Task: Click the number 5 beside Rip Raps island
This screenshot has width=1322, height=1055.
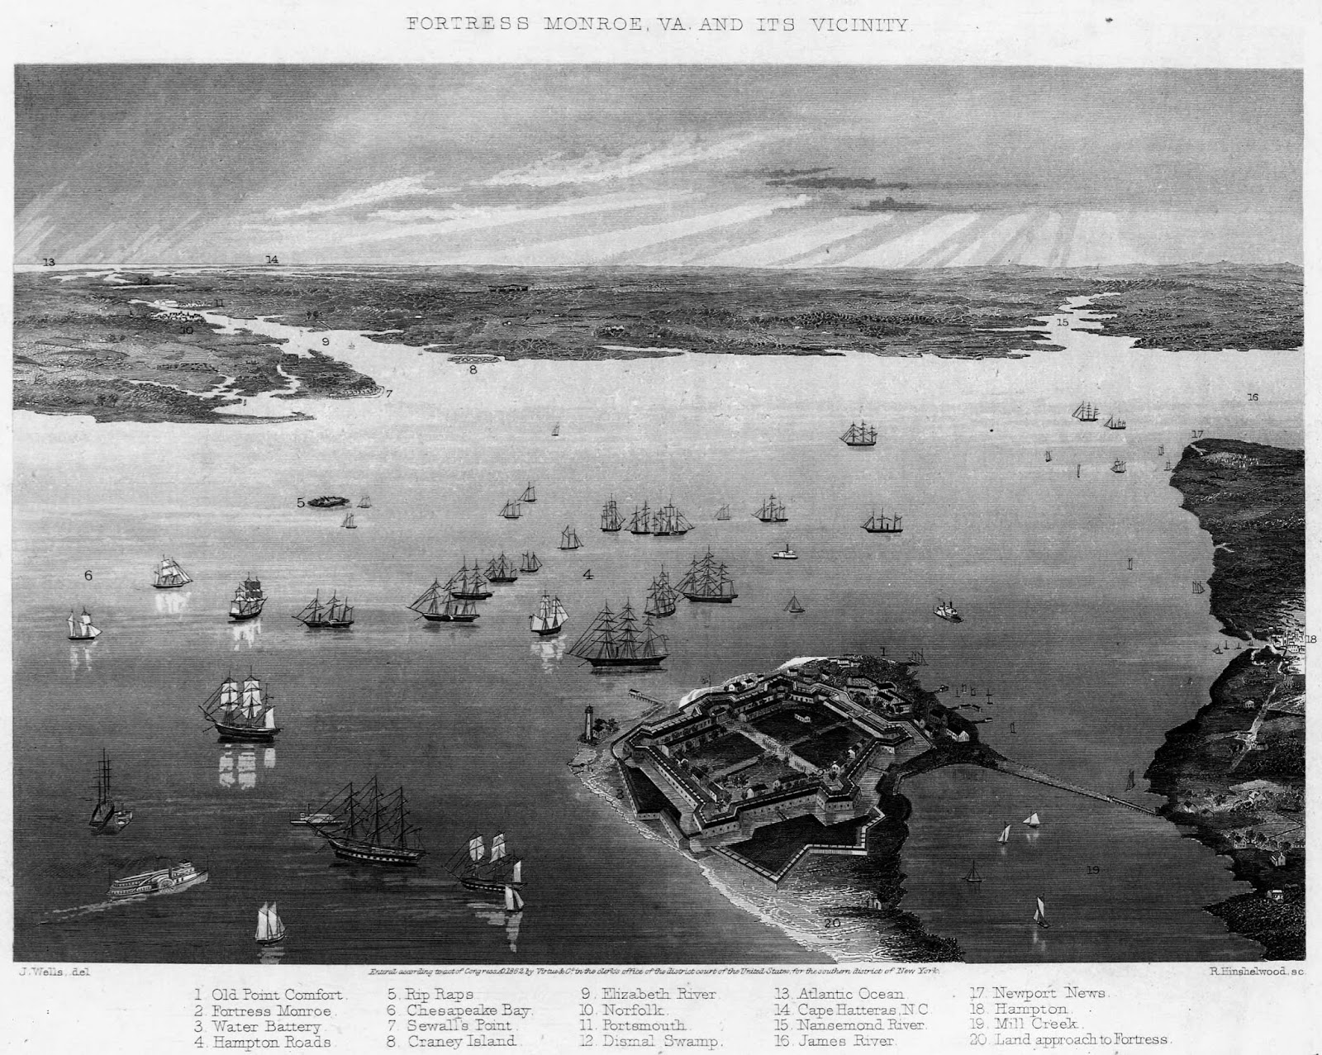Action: click(302, 501)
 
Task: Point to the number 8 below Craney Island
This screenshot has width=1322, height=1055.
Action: click(473, 369)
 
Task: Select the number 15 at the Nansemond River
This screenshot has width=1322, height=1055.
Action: click(1063, 321)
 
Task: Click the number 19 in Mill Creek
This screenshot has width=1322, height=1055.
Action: click(1093, 869)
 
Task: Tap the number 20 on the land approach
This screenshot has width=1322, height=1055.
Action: click(832, 923)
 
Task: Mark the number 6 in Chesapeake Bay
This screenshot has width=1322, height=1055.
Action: click(88, 576)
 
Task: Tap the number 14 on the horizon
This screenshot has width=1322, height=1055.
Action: click(272, 259)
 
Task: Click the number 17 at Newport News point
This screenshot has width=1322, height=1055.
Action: click(1197, 434)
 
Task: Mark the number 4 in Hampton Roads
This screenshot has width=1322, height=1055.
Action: click(587, 574)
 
